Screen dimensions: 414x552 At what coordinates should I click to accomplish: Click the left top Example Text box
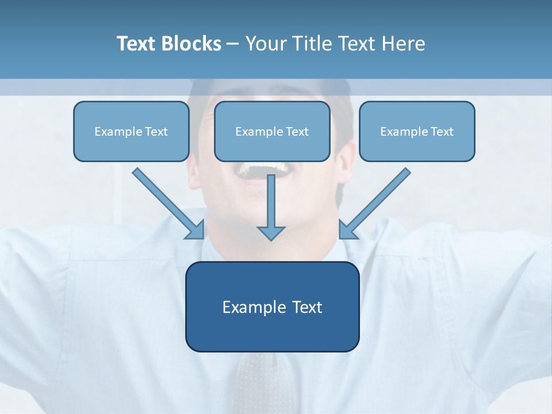click(131, 131)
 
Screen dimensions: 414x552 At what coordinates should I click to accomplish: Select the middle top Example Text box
click(272, 131)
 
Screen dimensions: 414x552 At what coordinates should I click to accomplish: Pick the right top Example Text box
click(417, 131)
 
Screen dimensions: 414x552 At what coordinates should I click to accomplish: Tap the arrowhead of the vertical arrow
click(271, 233)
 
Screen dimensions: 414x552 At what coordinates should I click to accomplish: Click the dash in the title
click(233, 44)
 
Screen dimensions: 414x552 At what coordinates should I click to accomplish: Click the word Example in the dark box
click(254, 307)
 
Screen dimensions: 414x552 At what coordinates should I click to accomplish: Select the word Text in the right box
click(442, 131)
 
